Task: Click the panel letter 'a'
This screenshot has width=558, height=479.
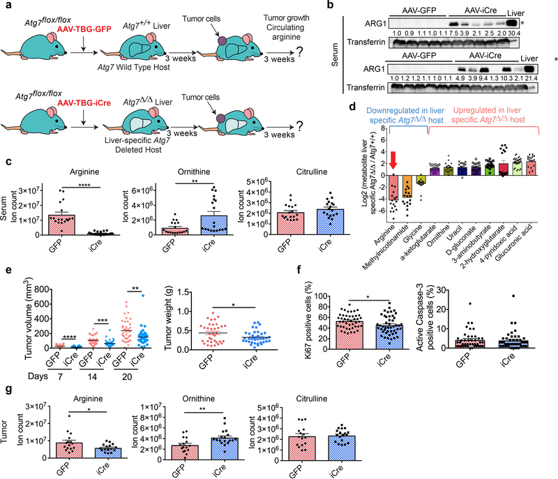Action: click(6, 6)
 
